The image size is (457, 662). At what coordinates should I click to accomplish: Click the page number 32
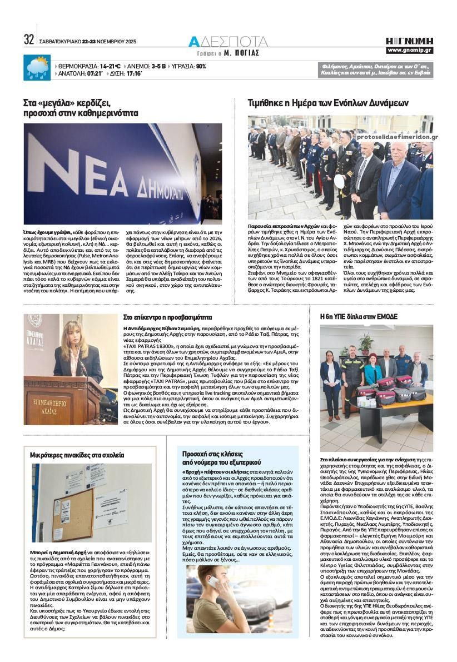click(29, 41)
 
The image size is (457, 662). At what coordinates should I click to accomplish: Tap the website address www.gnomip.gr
click(410, 51)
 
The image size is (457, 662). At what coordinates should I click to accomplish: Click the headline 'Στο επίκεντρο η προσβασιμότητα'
click(167, 317)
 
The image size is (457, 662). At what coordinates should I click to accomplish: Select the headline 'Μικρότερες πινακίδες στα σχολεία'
click(77, 455)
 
